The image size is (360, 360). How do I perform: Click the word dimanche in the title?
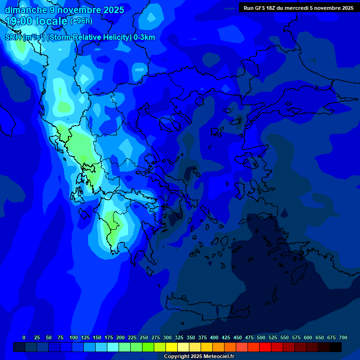(x=26, y=10)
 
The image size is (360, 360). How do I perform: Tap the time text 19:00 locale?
(x=37, y=21)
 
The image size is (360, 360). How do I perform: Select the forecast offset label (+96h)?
(x=81, y=21)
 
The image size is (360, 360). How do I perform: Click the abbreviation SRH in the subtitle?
(x=13, y=37)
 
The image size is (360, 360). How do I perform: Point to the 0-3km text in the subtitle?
(x=144, y=37)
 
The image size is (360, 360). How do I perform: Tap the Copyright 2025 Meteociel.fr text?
(x=199, y=357)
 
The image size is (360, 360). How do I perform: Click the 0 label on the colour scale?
(x=24, y=337)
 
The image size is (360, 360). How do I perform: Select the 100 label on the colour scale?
(x=74, y=337)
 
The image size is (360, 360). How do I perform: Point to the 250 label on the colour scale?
(x=144, y=337)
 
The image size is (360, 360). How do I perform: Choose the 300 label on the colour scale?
(x=167, y=337)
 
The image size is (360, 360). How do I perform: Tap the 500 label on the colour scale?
(x=261, y=337)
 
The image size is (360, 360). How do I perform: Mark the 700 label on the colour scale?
(x=343, y=337)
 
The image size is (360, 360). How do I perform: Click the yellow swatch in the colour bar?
(x=172, y=347)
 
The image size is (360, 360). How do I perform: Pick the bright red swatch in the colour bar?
(x=265, y=347)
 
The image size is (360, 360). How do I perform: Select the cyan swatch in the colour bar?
(x=113, y=347)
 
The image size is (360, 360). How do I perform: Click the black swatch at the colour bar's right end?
(x=336, y=347)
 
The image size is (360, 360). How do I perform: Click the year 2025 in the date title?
(x=113, y=10)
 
